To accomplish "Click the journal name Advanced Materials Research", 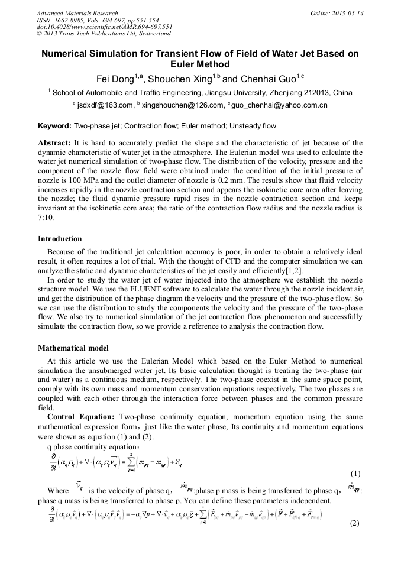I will tap(77, 13).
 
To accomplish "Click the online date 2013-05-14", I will tap(337, 13).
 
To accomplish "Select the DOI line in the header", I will tap(105, 27).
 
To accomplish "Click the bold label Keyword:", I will tap(55, 126).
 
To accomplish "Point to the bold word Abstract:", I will tap(54, 143).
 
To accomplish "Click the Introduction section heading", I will tap(60, 239).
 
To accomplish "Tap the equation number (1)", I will tap(355, 474).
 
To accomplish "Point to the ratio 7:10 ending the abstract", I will tap(47, 218).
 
